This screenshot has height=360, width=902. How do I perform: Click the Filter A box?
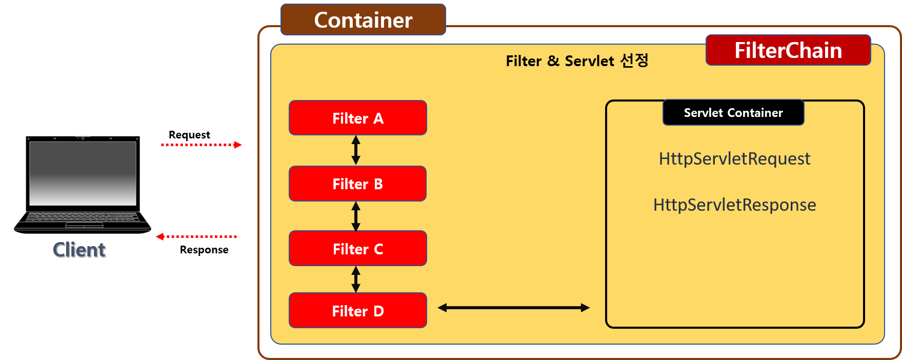357,118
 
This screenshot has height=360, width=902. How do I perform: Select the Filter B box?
357,184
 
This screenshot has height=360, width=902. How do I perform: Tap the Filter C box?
357,249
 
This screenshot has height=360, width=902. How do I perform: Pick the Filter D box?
357,311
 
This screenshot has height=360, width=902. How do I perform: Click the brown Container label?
363,20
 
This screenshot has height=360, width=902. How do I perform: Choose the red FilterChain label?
788,50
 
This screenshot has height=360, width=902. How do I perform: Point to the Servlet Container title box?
733,113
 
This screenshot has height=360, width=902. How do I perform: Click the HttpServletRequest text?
734,159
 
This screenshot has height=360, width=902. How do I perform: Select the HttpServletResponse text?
734,205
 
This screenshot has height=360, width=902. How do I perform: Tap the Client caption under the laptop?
79,250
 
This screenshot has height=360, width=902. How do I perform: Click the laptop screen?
83,173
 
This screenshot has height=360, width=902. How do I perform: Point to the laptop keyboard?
83,217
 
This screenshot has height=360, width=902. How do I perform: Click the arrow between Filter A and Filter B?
356,150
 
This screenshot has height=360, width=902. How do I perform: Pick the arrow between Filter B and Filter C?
356,216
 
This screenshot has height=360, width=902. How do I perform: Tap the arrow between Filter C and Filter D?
356,279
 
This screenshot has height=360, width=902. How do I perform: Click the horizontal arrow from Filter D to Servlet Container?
513,308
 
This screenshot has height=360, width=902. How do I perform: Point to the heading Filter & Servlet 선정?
577,61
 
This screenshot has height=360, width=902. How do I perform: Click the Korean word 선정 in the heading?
634,61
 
